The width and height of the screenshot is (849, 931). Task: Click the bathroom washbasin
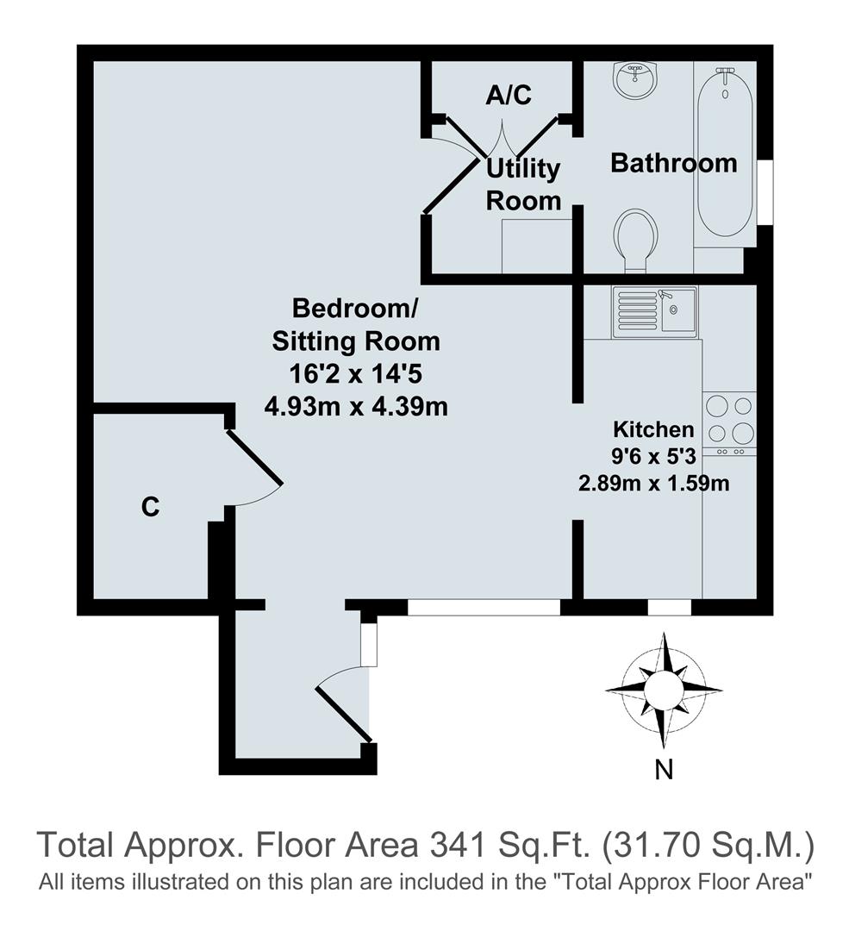pyautogui.click(x=636, y=81)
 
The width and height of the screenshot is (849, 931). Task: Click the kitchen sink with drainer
pyautogui.click(x=654, y=310)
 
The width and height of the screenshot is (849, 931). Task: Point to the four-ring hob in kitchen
pyautogui.click(x=729, y=419)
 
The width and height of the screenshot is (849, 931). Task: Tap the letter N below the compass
pyautogui.click(x=663, y=770)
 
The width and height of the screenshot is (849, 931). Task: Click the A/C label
pyautogui.click(x=509, y=96)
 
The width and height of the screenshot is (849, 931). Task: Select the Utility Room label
pyautogui.click(x=523, y=184)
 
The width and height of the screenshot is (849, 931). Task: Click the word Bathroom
pyautogui.click(x=673, y=163)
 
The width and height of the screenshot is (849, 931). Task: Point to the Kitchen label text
pyautogui.click(x=652, y=429)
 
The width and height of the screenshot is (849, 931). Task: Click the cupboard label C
pyautogui.click(x=150, y=509)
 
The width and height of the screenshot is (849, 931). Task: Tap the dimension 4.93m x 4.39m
pyautogui.click(x=356, y=406)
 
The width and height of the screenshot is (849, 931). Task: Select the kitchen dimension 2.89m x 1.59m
pyautogui.click(x=653, y=484)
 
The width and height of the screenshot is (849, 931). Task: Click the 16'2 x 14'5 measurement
pyautogui.click(x=356, y=374)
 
